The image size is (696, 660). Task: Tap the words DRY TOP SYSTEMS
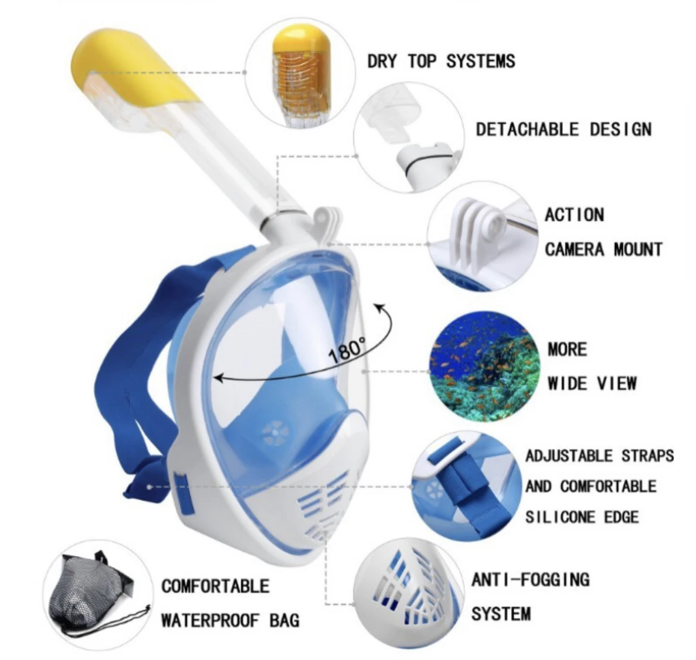coord(440,61)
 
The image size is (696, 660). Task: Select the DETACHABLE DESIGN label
coord(563,129)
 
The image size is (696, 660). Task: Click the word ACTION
coord(574,215)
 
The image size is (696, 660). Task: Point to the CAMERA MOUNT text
coord(603,250)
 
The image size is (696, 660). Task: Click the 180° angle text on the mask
coord(348,350)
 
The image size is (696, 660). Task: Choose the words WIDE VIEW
coord(592,383)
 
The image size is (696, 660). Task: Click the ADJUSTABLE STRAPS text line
coord(599,456)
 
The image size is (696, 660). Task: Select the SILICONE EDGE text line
coord(582,516)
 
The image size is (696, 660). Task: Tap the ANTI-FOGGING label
coord(530,580)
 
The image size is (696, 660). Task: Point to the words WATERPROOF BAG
coord(230,620)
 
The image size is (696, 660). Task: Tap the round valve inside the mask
coord(275,433)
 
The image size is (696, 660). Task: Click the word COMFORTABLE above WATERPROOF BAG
coord(215,586)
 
